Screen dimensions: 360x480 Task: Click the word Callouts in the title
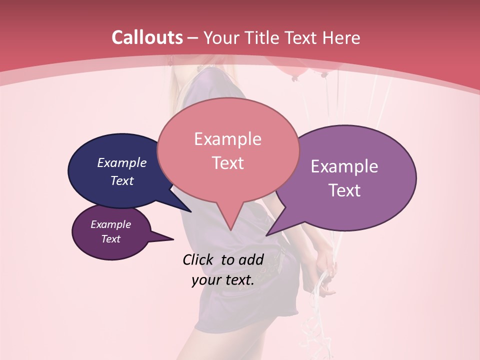147,37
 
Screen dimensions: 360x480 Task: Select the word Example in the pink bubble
227,139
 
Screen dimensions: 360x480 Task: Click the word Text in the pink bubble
227,163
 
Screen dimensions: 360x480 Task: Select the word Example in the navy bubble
122,162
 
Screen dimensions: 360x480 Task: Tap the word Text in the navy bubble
122,180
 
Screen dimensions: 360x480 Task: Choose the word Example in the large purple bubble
344,166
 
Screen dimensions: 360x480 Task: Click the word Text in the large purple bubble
344,190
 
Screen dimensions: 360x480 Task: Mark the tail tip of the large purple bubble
267,235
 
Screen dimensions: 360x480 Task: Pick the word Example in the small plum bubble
110,224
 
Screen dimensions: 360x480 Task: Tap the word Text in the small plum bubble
110,239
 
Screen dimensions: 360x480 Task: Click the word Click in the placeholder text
198,259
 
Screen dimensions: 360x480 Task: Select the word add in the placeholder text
251,259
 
